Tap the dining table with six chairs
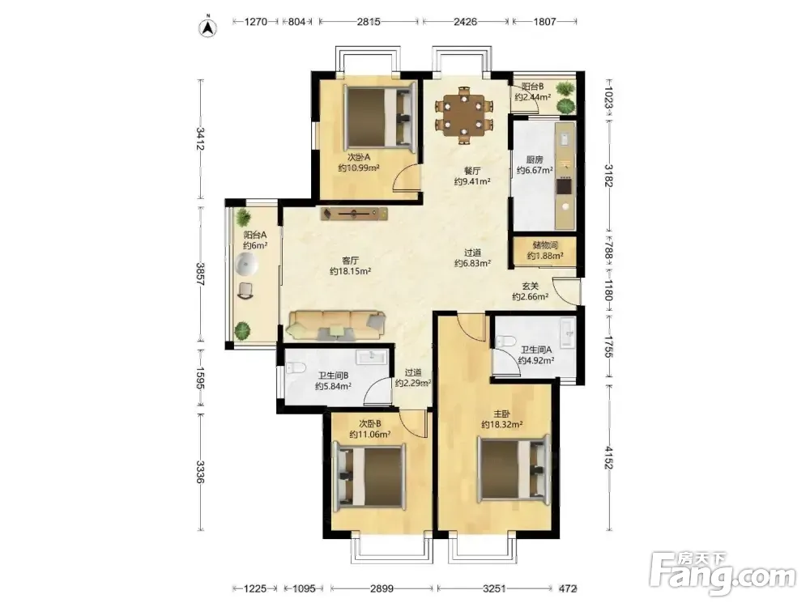click(x=464, y=115)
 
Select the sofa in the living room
click(x=337, y=325)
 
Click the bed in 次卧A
click(x=379, y=117)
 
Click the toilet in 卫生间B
click(x=295, y=368)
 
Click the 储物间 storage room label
click(x=545, y=245)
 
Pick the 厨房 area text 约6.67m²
click(x=535, y=170)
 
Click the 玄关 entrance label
click(x=530, y=286)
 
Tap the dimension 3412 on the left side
click(x=200, y=139)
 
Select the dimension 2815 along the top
click(x=369, y=22)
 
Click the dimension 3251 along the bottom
click(x=494, y=588)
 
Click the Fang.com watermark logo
click(x=723, y=573)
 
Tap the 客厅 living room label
click(x=350, y=261)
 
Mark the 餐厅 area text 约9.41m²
click(x=472, y=181)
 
